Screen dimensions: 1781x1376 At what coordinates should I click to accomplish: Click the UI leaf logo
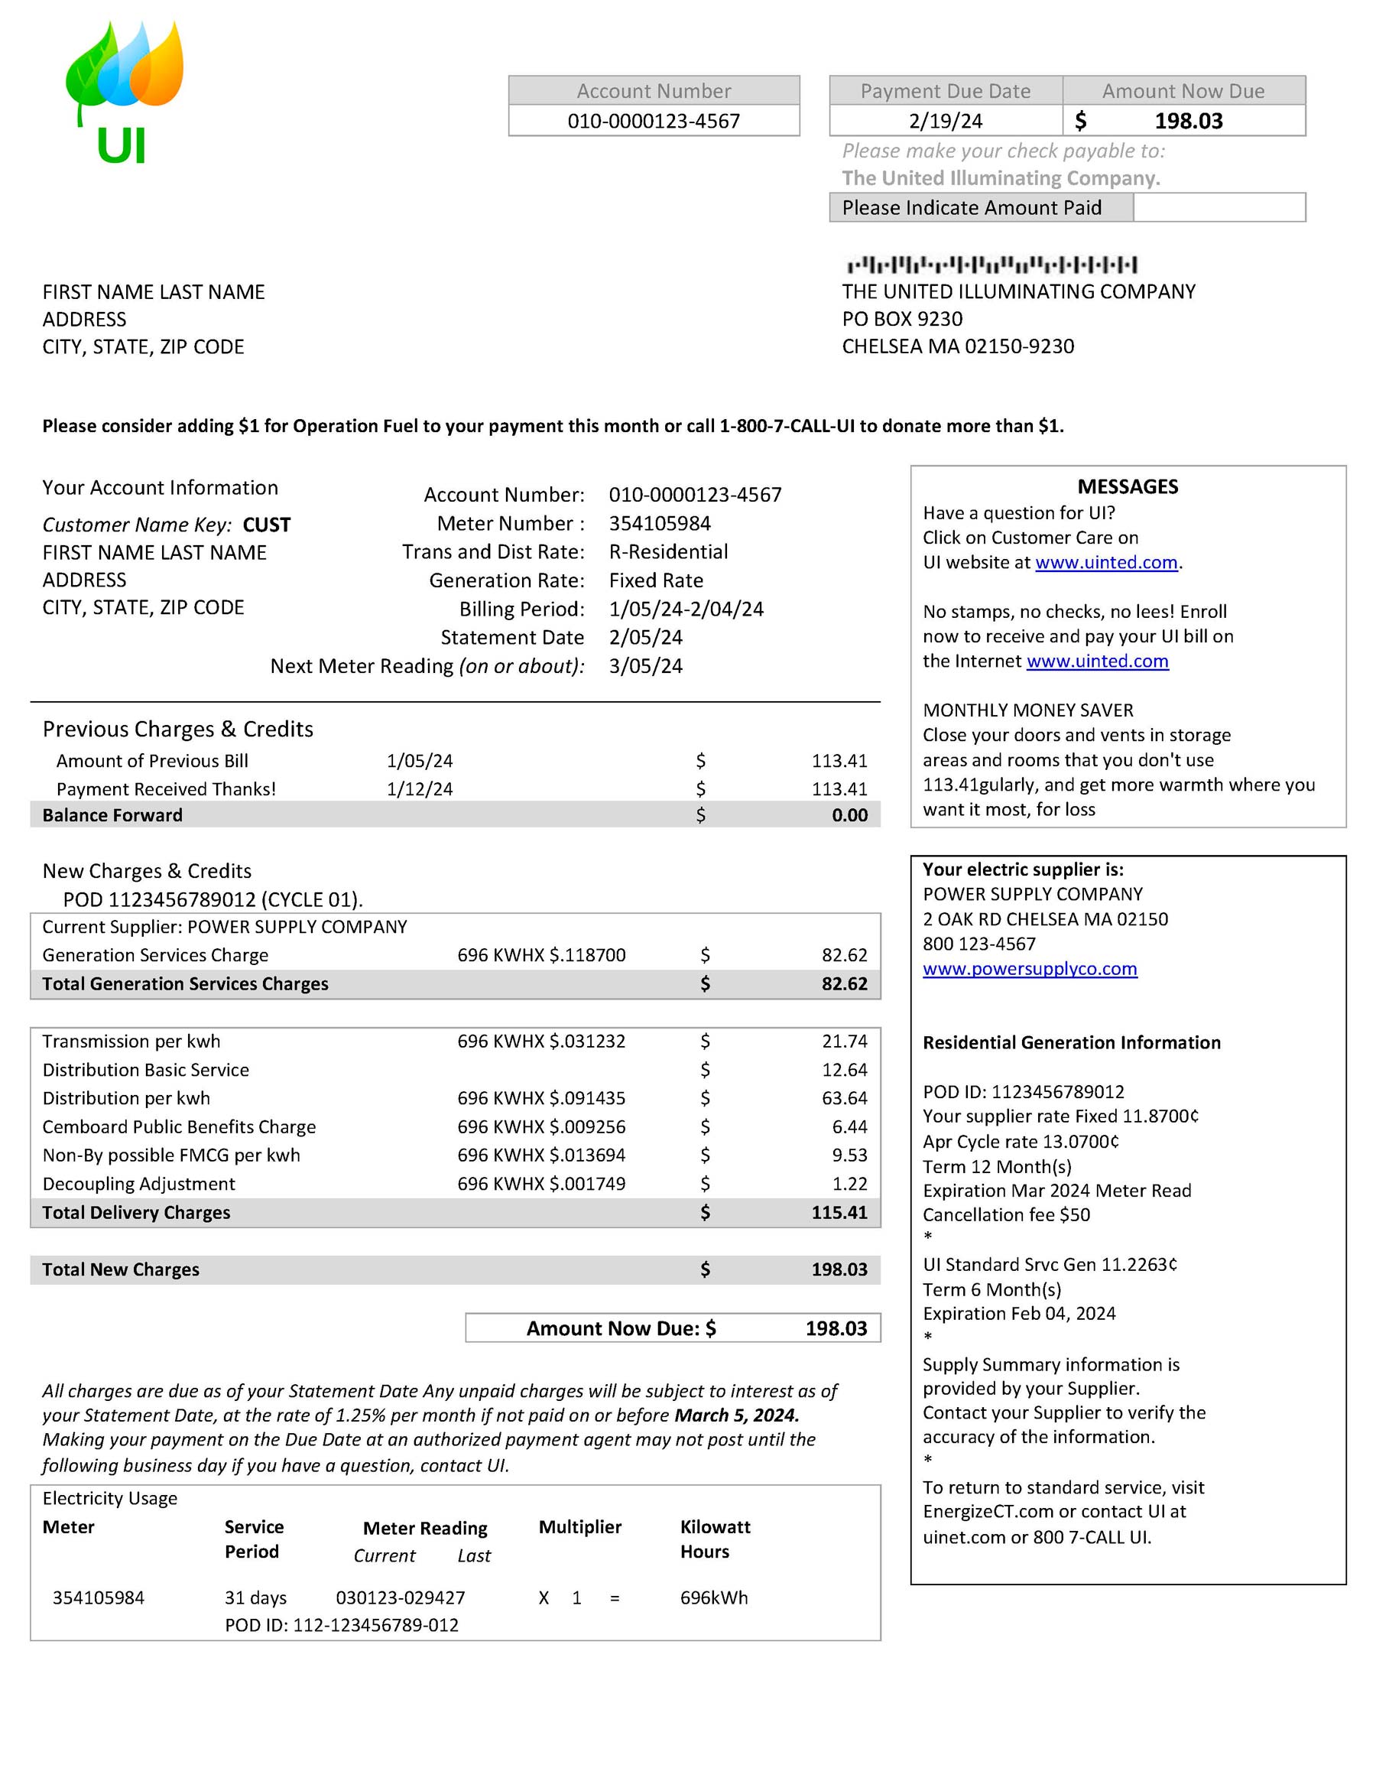click(x=124, y=89)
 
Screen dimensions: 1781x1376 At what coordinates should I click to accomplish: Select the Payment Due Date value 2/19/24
click(x=945, y=121)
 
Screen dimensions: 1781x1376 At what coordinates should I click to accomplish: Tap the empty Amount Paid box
click(x=1219, y=207)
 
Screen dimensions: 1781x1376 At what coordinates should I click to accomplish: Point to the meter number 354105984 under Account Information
click(x=660, y=524)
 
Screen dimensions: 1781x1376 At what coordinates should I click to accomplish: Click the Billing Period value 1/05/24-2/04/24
click(x=686, y=609)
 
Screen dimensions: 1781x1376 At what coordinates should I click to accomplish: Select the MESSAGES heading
click(x=1128, y=487)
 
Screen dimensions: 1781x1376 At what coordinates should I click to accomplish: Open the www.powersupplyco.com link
click(x=1030, y=969)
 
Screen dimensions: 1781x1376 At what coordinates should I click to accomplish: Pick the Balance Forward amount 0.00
click(x=849, y=814)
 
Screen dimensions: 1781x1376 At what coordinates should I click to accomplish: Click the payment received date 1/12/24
click(x=419, y=788)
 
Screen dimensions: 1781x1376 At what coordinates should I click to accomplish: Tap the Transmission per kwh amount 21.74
click(x=845, y=1042)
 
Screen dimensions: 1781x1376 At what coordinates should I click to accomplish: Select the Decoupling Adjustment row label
click(x=138, y=1184)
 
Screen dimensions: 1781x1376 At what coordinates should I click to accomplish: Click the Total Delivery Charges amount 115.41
click(x=839, y=1213)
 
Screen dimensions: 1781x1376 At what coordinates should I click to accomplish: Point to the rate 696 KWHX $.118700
click(x=541, y=955)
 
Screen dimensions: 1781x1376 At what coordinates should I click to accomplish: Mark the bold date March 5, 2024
click(x=736, y=1415)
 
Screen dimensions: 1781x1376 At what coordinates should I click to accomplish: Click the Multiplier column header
click(x=579, y=1527)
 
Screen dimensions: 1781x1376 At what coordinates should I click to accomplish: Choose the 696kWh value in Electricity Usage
click(x=713, y=1597)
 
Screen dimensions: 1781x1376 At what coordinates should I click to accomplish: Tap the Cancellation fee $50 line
click(x=1006, y=1215)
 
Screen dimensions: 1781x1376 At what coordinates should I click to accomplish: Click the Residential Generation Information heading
click(x=1071, y=1043)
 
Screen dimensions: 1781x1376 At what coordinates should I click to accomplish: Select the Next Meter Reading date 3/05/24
click(x=646, y=666)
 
